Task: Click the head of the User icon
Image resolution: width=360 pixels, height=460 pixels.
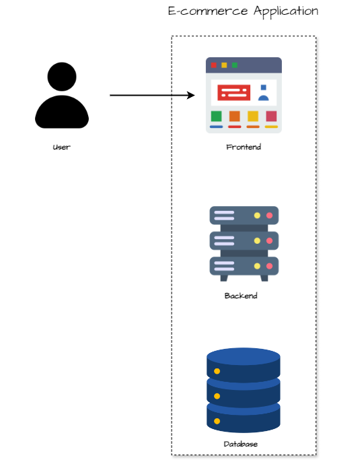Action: click(x=62, y=77)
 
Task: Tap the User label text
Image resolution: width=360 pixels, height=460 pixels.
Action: click(x=61, y=147)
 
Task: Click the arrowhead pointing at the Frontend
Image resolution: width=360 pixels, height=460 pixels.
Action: click(x=191, y=95)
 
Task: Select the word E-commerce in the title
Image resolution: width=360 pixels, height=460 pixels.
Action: click(x=208, y=11)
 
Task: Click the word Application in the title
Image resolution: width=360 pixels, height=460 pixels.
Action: click(x=286, y=11)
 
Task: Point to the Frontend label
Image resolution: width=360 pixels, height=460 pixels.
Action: click(x=244, y=147)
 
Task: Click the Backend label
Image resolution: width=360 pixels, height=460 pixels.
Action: click(x=241, y=296)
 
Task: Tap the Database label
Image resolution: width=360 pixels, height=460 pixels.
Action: click(x=241, y=444)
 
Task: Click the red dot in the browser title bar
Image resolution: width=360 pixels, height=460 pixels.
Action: click(x=214, y=65)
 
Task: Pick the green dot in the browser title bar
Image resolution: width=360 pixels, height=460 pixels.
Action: click(x=235, y=65)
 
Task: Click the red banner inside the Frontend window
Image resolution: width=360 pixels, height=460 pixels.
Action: click(x=234, y=92)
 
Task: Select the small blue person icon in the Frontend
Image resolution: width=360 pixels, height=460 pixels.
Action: click(x=264, y=93)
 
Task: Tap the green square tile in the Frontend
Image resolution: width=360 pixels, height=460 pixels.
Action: click(x=217, y=116)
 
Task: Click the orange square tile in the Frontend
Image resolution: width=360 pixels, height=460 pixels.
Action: click(x=235, y=116)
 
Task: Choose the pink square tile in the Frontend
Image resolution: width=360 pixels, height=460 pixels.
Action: click(x=271, y=116)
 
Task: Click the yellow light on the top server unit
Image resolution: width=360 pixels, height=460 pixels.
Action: click(x=257, y=216)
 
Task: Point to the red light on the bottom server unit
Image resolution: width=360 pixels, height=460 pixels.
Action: click(x=269, y=266)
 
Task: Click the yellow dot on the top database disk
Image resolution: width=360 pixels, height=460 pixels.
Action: click(x=217, y=371)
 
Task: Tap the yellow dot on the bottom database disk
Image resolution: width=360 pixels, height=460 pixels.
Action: click(x=217, y=422)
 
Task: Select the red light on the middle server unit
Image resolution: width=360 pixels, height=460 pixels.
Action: click(x=269, y=241)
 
